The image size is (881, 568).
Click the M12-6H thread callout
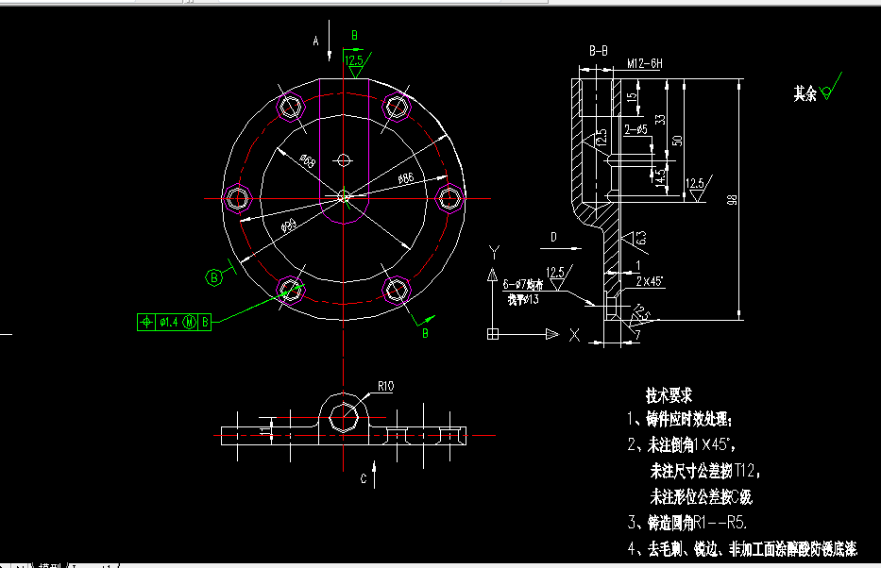click(645, 64)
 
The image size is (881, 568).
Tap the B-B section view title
click(598, 50)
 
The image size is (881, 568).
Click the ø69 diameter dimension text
click(307, 160)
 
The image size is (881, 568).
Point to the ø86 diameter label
click(406, 177)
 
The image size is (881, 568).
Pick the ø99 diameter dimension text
click(289, 224)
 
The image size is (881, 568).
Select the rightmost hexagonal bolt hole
click(449, 197)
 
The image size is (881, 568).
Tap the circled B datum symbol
click(214, 277)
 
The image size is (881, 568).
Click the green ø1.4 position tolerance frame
click(176, 322)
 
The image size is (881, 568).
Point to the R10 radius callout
click(385, 385)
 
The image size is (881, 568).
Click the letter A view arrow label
click(317, 41)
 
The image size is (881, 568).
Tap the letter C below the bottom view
click(364, 478)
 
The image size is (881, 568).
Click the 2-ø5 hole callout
click(635, 128)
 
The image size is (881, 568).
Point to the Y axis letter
click(493, 252)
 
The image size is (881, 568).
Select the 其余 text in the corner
click(805, 93)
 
